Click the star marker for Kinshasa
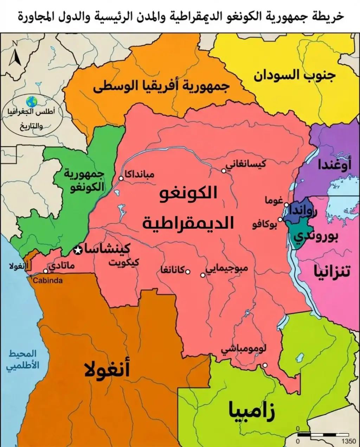click(78, 250)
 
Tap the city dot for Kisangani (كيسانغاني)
click(224, 171)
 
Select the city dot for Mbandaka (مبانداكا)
click(121, 178)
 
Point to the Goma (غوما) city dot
click(287, 205)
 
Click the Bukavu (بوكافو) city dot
click(280, 219)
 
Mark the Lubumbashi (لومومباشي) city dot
click(265, 365)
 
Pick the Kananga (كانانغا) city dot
click(188, 272)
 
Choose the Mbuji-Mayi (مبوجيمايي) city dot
click(203, 275)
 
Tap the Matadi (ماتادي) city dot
click(46, 271)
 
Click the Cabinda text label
click(47, 280)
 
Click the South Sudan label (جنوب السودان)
click(295, 76)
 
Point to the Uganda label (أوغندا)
click(334, 165)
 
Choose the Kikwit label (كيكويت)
click(123, 263)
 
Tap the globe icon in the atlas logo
click(32, 101)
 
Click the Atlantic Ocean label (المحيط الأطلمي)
click(23, 359)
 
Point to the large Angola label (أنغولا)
click(107, 370)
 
